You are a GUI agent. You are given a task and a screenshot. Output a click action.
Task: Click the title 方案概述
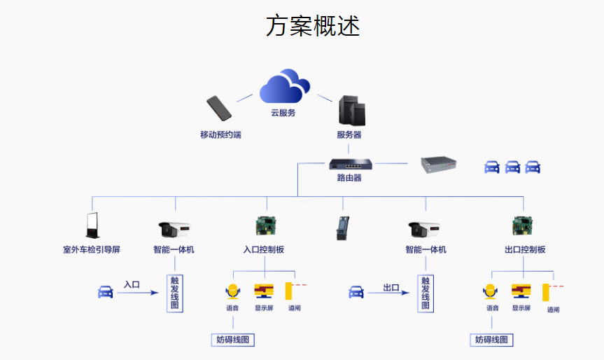313,26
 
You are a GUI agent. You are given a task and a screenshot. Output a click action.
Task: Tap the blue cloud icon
284,87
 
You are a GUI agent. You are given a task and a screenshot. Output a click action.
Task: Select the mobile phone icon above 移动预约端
220,109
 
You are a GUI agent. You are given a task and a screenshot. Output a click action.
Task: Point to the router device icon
351,164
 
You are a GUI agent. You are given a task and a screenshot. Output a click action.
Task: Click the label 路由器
349,178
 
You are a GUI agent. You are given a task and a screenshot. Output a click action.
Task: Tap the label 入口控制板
264,249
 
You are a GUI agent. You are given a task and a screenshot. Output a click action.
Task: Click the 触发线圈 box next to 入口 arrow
175,293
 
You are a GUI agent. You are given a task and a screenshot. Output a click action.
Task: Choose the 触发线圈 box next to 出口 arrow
425,293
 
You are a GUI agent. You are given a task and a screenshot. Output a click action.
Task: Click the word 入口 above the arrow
132,285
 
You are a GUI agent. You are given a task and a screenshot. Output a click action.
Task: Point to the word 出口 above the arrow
391,287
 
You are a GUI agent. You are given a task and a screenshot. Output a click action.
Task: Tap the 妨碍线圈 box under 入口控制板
232,340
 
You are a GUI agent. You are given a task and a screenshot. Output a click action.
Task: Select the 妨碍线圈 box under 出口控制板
491,340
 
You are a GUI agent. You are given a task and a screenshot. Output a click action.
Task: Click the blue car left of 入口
105,292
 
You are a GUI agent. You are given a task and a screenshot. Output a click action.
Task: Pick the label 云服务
283,113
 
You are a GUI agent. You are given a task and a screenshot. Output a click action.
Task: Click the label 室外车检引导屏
91,249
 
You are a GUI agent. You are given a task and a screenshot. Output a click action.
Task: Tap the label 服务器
349,134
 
